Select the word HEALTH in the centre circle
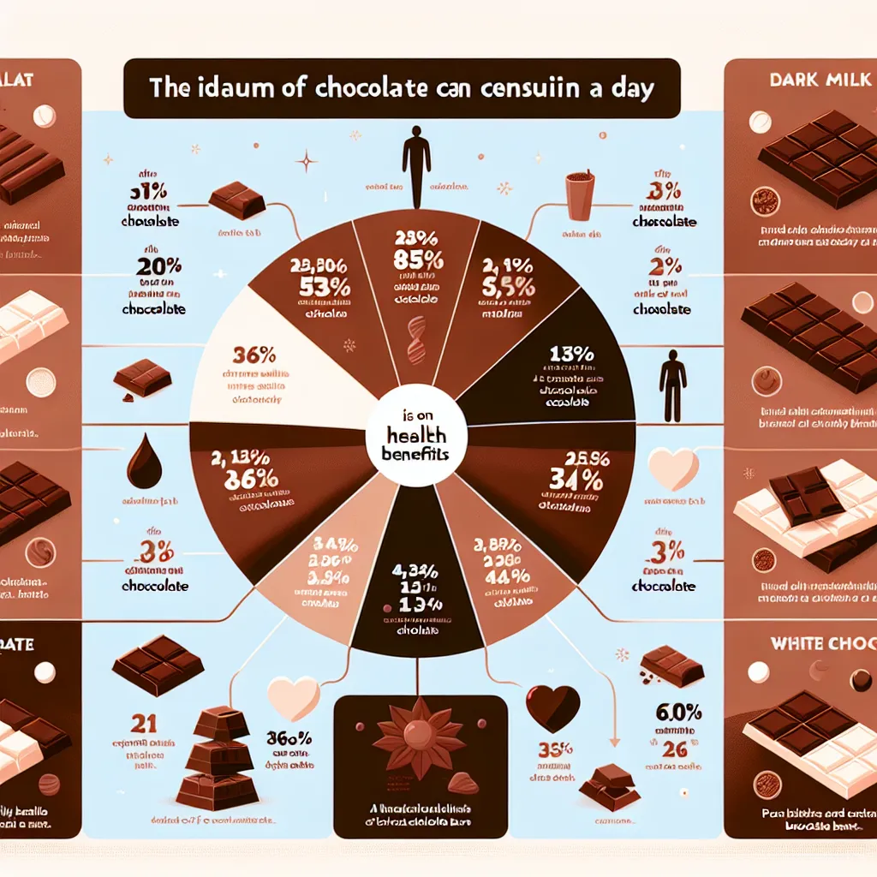(415, 436)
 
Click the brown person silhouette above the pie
(417, 158)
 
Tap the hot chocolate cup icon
(580, 195)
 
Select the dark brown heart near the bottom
(552, 708)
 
